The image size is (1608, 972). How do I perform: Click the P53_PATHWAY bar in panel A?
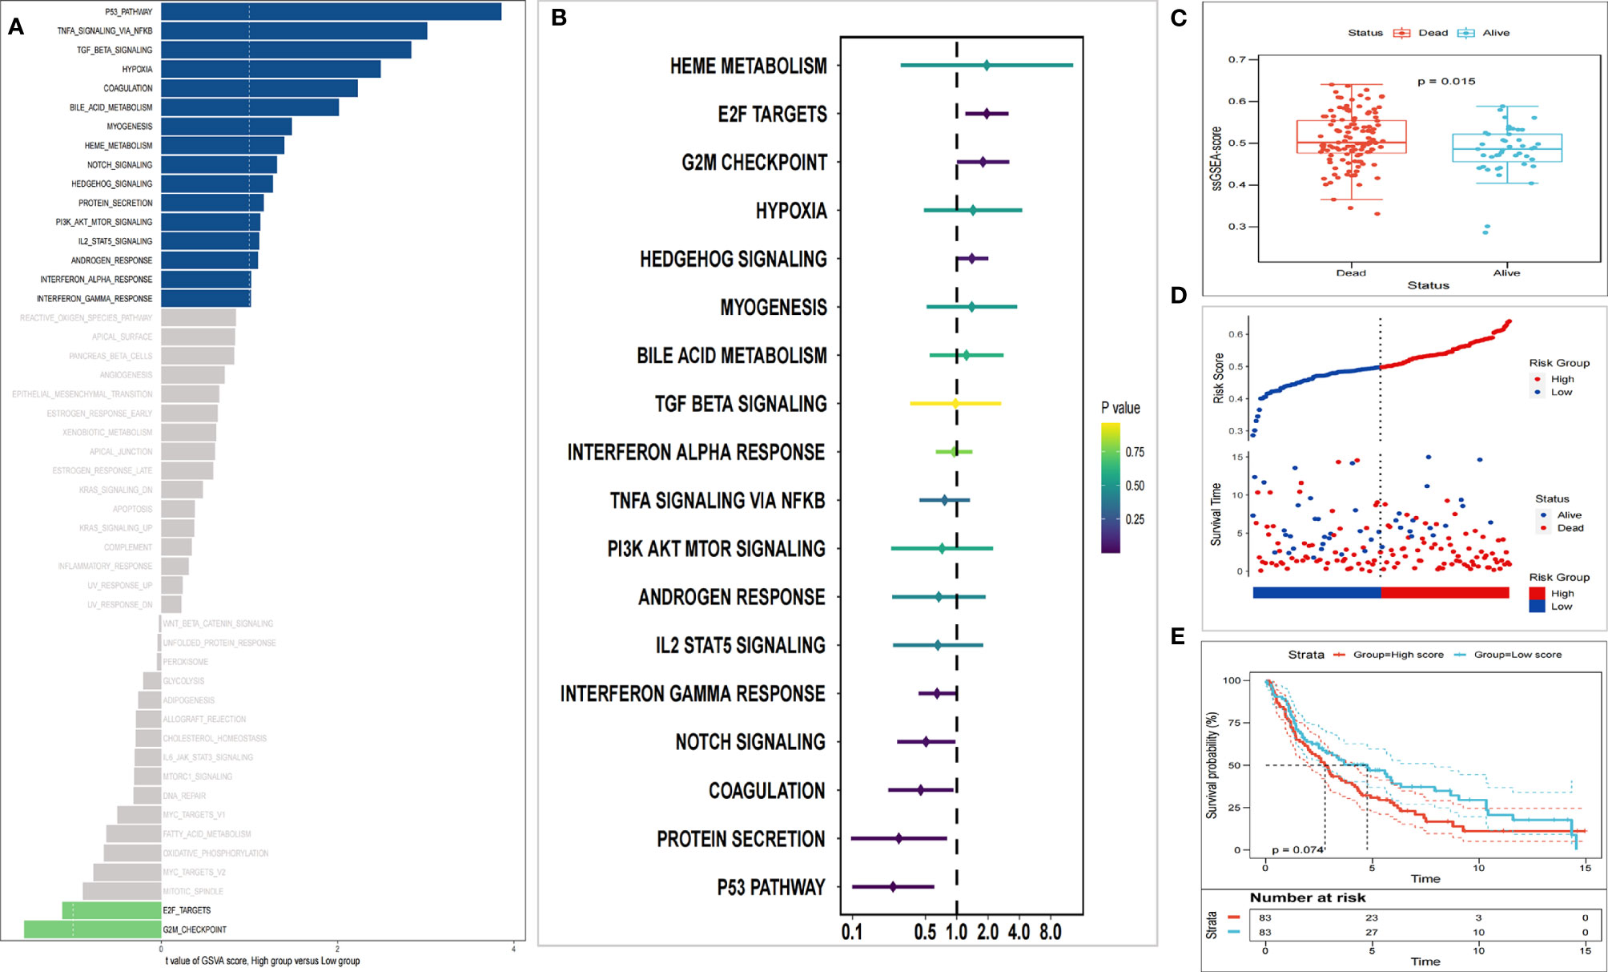coord(331,12)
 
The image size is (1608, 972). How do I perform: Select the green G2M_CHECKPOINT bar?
coord(92,930)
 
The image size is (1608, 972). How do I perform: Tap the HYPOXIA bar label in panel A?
coord(137,70)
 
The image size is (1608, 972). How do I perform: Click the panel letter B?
coord(559,18)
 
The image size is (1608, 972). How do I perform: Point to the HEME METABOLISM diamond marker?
coord(987,66)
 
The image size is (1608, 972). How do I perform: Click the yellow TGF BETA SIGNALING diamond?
coord(955,404)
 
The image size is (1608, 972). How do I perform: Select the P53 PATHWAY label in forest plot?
coord(770,887)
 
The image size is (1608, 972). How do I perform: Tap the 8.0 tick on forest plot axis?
coord(1050,933)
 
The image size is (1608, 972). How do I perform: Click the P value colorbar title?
coord(1120,408)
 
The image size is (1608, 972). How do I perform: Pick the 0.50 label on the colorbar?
coord(1134,486)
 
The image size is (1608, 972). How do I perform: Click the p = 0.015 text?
coord(1446,81)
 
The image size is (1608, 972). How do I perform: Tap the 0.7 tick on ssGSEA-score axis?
coord(1237,59)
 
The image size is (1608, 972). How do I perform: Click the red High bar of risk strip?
coord(1445,593)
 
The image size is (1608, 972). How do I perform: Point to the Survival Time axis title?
coord(1216,514)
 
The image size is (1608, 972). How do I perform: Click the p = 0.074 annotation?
coord(1297,849)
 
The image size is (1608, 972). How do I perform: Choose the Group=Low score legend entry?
coord(1517,655)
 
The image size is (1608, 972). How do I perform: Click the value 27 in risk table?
coord(1372,932)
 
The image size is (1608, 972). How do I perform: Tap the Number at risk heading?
coord(1308,897)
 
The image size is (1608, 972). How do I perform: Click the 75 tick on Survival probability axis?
coord(1234,723)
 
